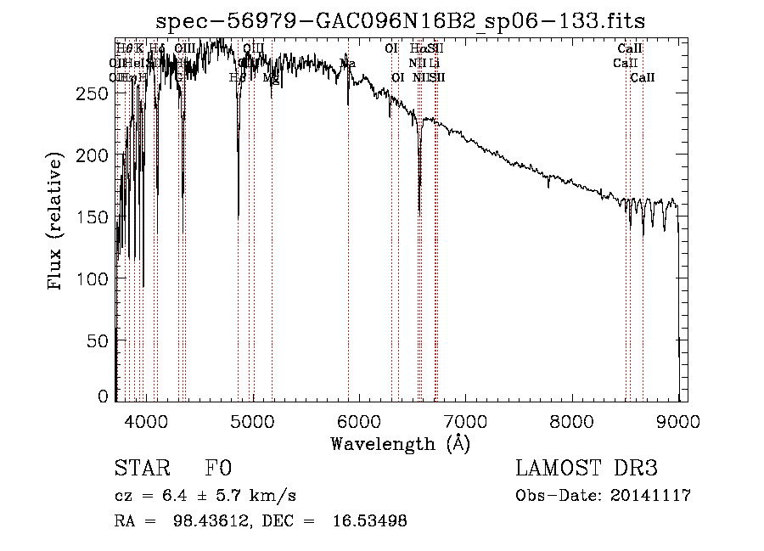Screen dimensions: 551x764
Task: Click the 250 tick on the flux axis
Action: pos(97,94)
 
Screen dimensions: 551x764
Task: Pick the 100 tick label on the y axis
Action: pos(97,279)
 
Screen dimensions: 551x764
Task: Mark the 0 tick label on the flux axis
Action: pos(104,396)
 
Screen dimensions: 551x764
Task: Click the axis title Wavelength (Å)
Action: pos(400,443)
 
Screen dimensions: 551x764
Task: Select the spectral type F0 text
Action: pos(218,469)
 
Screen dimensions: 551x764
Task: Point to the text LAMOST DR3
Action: pos(587,469)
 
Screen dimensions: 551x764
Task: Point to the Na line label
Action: pos(348,64)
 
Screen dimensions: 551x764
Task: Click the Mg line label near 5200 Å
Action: pos(271,77)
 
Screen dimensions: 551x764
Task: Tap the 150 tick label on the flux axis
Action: pos(97,217)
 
